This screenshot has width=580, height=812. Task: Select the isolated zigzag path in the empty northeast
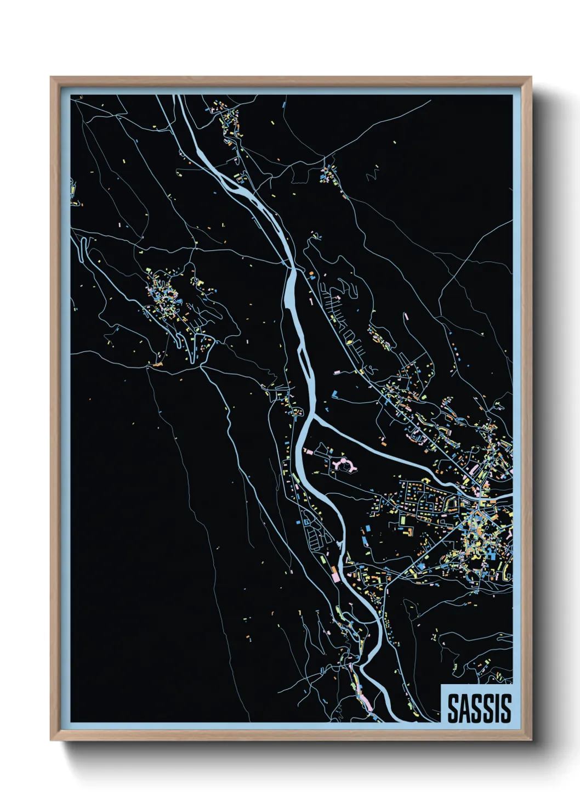[x=372, y=174]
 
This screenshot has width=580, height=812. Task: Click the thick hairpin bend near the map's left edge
[x=83, y=247]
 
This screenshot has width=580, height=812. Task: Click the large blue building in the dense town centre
[x=421, y=565]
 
